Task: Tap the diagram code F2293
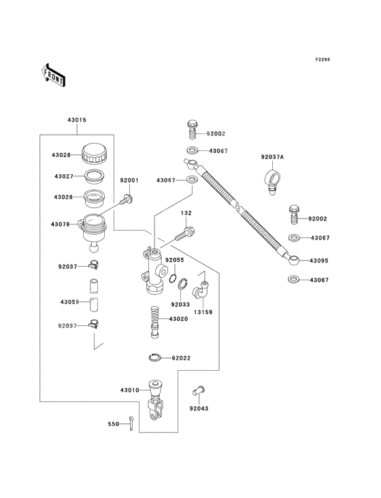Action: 322,59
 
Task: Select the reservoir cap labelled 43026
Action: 95,154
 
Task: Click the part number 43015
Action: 77,120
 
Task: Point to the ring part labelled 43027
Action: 95,176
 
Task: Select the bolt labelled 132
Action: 185,234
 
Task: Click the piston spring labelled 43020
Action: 154,322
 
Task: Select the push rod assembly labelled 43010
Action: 156,400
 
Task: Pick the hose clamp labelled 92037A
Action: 272,180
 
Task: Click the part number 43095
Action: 319,261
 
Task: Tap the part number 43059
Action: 70,302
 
